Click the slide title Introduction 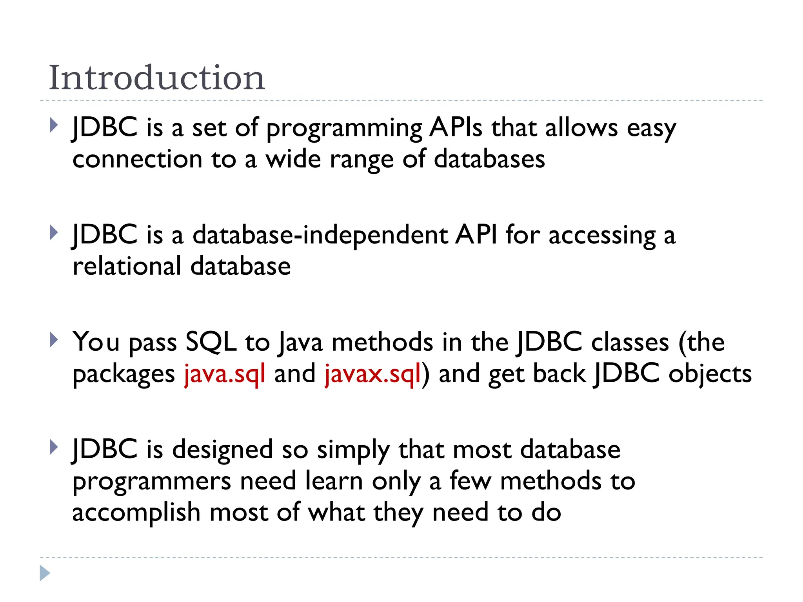coord(157,78)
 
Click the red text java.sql coord(225,374)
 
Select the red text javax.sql coord(372,374)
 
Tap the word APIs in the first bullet coord(456,128)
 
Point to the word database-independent coord(320,236)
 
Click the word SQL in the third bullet coord(211,342)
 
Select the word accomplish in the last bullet coord(136,513)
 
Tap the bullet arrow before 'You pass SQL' coord(54,340)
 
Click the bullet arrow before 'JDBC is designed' coord(54,447)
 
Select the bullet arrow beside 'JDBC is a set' coord(54,125)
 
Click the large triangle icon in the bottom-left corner coord(45,573)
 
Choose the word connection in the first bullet coord(137,160)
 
